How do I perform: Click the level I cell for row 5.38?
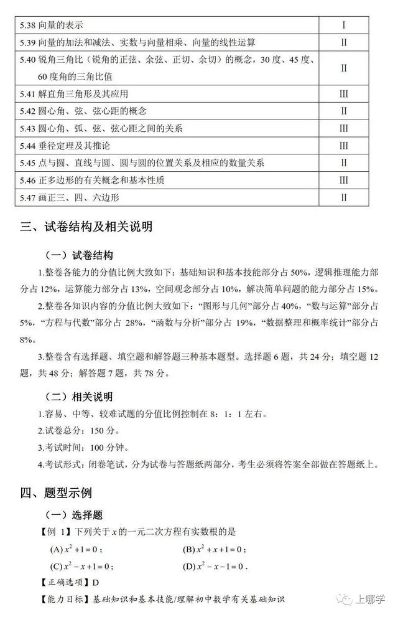point(343,25)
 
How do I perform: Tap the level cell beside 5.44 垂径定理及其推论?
point(343,146)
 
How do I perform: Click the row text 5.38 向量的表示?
point(52,25)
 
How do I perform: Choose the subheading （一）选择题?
point(74,515)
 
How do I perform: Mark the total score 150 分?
point(99,430)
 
